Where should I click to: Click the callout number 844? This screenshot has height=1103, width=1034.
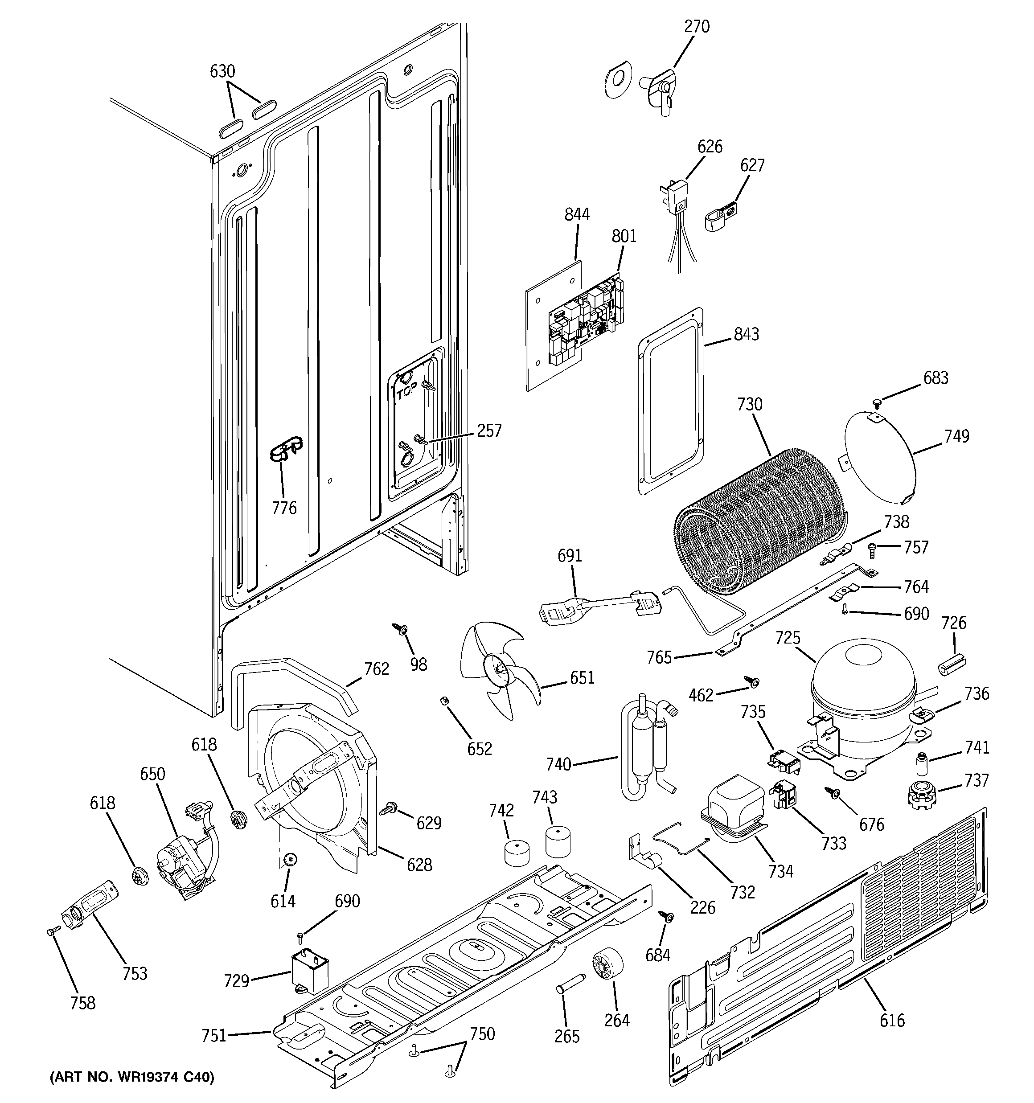coord(577,214)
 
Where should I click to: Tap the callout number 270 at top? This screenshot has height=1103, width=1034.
coord(697,26)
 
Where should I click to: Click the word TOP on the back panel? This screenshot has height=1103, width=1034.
coord(406,394)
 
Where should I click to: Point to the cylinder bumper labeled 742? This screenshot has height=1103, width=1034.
coord(516,853)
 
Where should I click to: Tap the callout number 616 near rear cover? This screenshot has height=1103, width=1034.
coord(892,1020)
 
